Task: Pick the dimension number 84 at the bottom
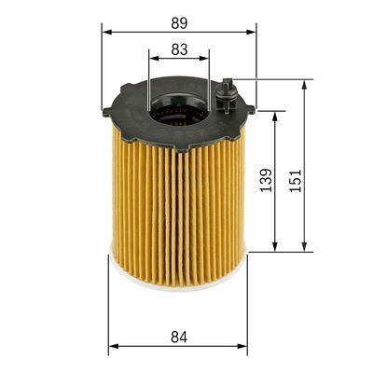(x=177, y=333)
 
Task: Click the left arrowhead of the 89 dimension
(x=106, y=31)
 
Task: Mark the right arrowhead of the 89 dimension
(x=252, y=31)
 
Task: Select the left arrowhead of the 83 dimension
(x=152, y=59)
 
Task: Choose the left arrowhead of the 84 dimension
(x=113, y=347)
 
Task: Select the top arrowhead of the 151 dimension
(x=305, y=84)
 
